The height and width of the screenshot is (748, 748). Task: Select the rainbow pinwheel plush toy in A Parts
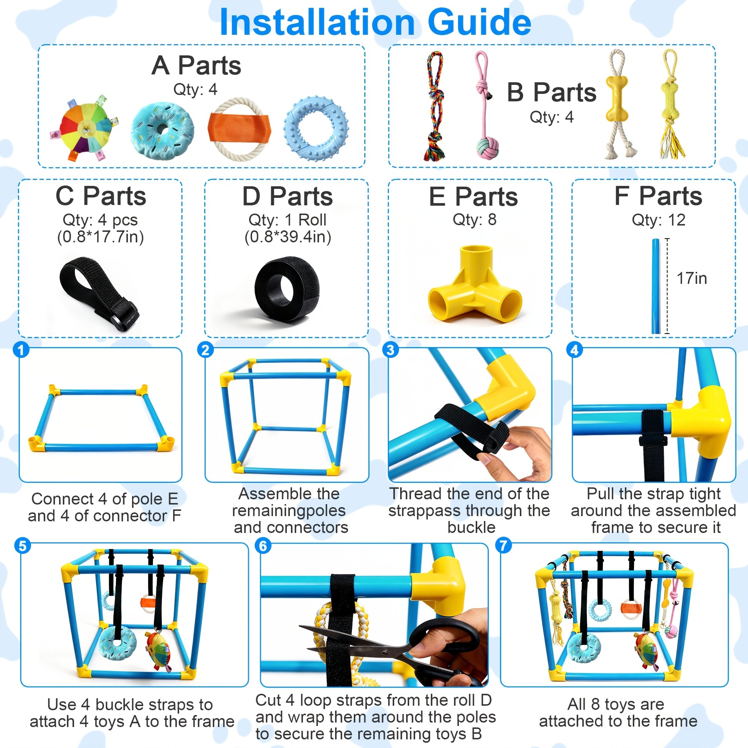tap(84, 128)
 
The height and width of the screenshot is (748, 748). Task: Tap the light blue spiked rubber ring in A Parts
tap(316, 129)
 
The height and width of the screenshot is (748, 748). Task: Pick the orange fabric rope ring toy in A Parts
tap(240, 128)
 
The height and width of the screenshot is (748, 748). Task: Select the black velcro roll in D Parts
tap(287, 288)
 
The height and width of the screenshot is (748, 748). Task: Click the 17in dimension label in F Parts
tap(692, 278)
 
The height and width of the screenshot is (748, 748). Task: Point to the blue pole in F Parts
tap(656, 286)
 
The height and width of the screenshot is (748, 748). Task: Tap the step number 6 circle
tap(263, 546)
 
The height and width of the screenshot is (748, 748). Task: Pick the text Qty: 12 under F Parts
tap(658, 220)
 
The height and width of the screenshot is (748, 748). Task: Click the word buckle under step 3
tap(471, 527)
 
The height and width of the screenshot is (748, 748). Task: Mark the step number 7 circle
tap(503, 546)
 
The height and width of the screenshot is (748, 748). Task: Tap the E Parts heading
tap(473, 196)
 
